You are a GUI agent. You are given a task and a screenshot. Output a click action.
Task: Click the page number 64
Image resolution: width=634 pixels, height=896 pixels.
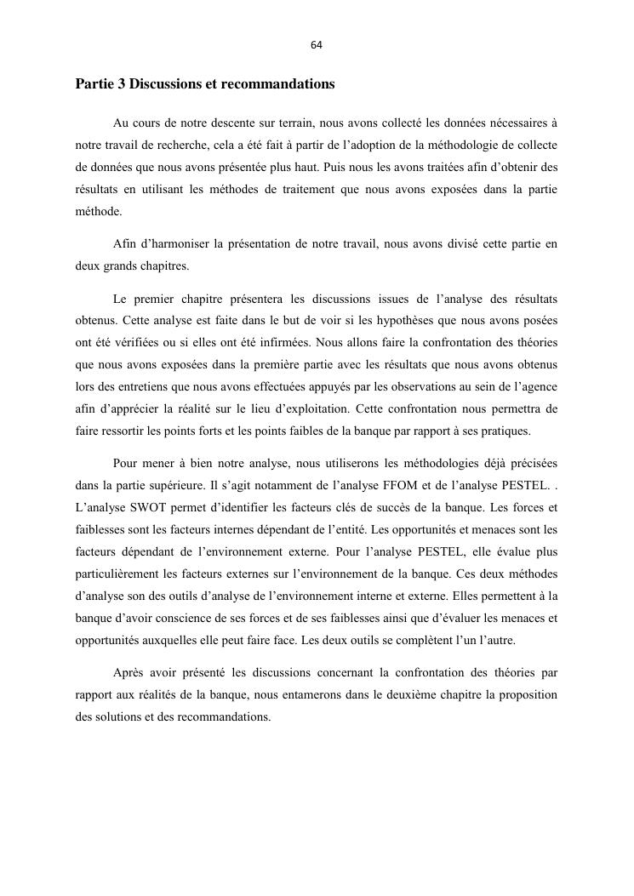coord(317,45)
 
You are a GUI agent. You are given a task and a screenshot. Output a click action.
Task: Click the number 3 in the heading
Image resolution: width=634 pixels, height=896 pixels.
coord(118,85)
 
